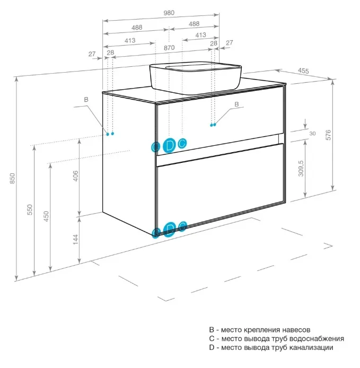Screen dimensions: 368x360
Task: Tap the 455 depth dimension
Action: point(304,71)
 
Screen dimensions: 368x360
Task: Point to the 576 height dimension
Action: point(328,135)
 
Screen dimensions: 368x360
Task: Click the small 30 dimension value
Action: point(312,133)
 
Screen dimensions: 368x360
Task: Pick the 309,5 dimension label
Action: point(301,169)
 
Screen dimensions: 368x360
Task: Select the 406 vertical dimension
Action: point(75,177)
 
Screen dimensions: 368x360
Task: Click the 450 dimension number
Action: point(47,217)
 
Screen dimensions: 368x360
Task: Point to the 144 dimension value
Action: point(75,239)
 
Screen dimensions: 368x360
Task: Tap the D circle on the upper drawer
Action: point(169,145)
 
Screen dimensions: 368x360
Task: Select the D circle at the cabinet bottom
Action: point(169,229)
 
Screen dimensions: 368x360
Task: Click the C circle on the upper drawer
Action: point(182,143)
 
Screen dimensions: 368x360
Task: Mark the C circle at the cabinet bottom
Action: point(182,226)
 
